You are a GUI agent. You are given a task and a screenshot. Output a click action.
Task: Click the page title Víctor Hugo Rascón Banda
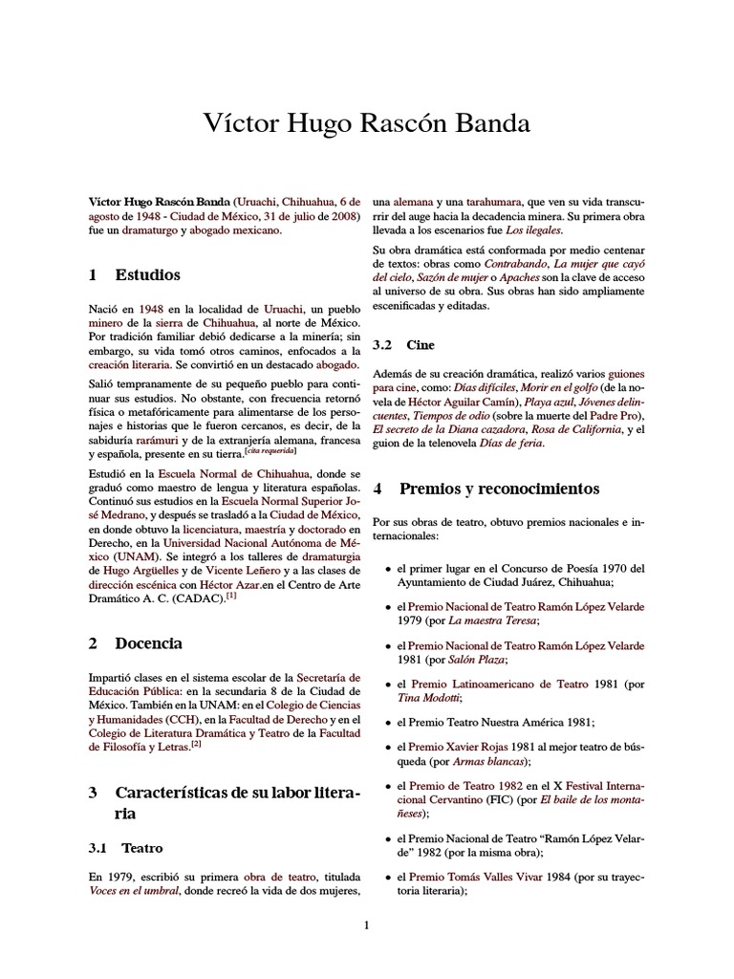point(367,124)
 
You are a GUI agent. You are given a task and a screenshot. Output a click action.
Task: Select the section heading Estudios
point(147,275)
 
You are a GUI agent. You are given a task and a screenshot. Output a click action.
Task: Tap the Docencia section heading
point(148,643)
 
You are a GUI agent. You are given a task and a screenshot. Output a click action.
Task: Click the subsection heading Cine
point(420,344)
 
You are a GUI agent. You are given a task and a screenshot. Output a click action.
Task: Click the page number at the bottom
point(366,925)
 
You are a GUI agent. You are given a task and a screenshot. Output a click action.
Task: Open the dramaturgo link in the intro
point(152,231)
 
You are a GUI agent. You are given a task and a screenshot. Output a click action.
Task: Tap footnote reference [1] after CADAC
point(232,597)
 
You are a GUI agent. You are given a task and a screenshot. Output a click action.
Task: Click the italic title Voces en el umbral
point(136,891)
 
